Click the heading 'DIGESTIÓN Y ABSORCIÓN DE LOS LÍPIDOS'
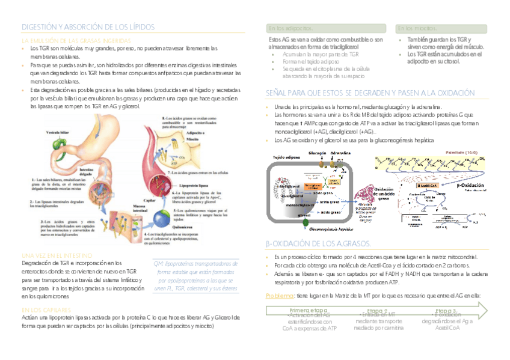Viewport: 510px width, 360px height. pos(88,27)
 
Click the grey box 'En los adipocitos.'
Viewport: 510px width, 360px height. pos(290,28)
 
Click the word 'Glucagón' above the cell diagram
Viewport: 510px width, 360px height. pos(318,153)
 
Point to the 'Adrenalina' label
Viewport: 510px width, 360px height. pos(340,153)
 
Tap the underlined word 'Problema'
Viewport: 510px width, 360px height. pos(279,296)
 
